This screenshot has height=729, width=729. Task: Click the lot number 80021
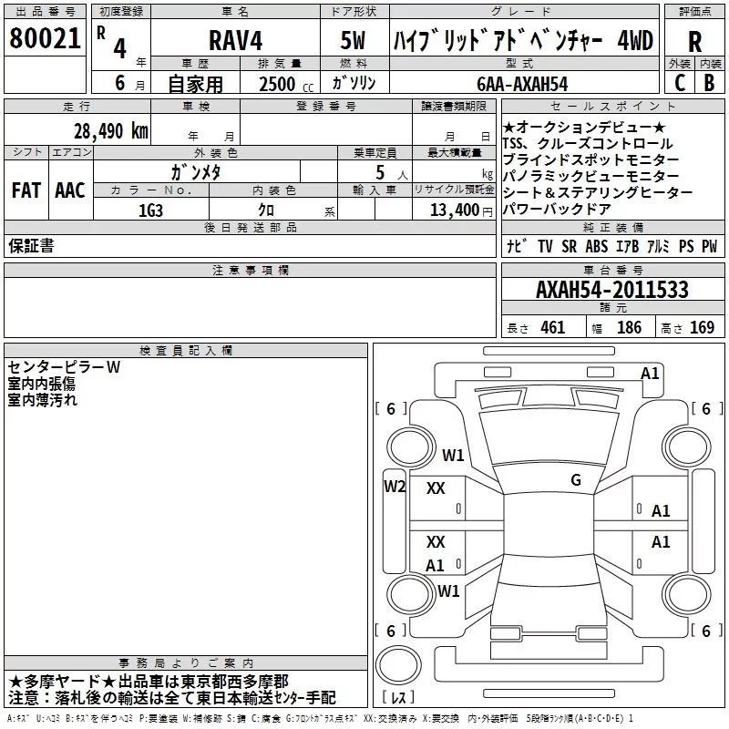click(x=45, y=38)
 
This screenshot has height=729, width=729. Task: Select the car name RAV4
click(x=236, y=40)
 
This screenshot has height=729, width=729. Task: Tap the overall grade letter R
click(x=694, y=41)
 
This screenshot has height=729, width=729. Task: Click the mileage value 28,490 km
click(x=110, y=131)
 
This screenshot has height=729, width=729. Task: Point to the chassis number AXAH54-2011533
click(x=612, y=289)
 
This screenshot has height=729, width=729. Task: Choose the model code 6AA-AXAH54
click(x=522, y=84)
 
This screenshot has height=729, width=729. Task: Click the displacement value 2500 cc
click(x=286, y=84)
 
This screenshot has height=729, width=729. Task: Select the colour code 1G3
click(x=150, y=210)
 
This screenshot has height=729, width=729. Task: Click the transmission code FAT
click(x=26, y=190)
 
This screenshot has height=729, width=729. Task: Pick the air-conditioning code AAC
click(x=70, y=190)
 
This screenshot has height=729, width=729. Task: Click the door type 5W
click(x=353, y=40)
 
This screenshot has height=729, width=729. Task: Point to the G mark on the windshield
click(x=576, y=480)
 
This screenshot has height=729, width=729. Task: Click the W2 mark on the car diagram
click(x=395, y=487)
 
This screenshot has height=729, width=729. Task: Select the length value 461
click(x=553, y=327)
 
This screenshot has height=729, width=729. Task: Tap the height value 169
click(x=702, y=327)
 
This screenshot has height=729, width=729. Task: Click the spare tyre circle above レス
click(x=398, y=665)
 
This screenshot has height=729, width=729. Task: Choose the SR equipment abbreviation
click(x=569, y=246)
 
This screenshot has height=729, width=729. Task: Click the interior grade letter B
click(x=709, y=82)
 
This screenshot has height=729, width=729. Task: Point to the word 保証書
click(x=31, y=245)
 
